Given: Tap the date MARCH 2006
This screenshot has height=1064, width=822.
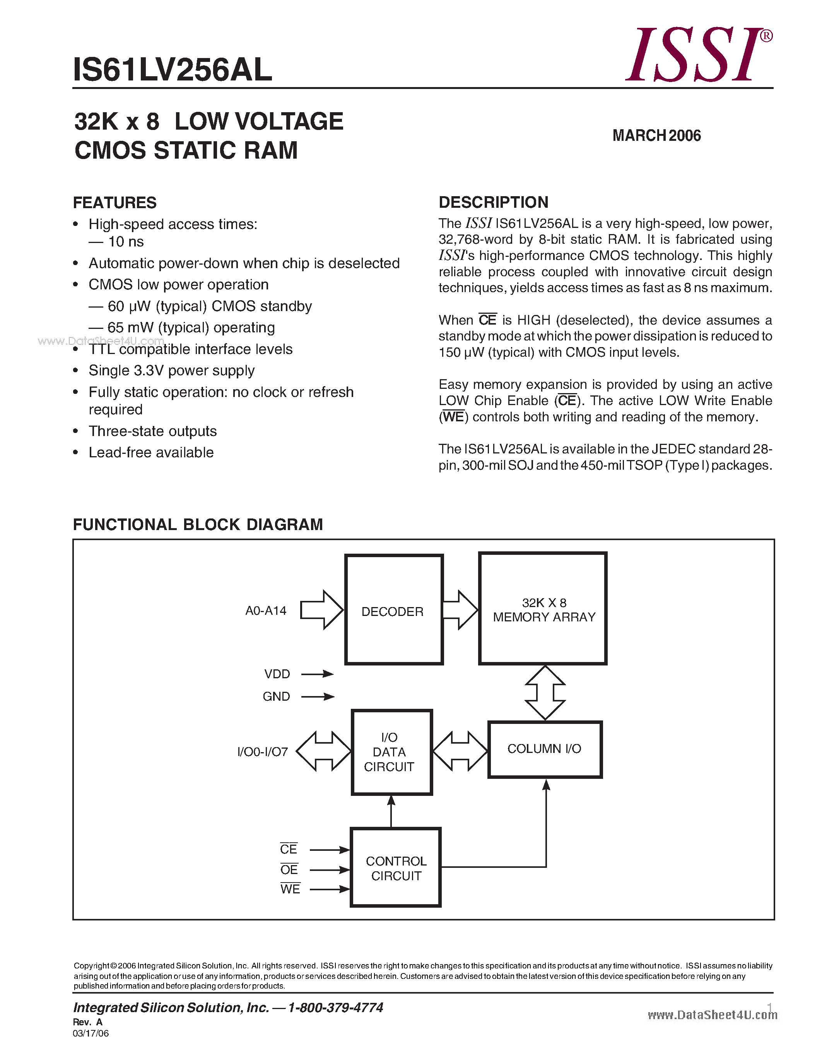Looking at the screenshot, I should (656, 135).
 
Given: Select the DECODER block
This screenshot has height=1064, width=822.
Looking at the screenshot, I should (393, 609).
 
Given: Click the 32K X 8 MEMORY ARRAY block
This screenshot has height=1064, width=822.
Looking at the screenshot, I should (543, 609).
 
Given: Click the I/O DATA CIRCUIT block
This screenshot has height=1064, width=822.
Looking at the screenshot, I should (391, 752).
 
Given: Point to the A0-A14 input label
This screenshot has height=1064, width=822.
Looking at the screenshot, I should (266, 611).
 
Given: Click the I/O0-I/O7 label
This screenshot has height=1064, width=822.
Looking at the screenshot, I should (263, 752).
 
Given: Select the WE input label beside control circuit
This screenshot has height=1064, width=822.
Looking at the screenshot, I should (290, 889).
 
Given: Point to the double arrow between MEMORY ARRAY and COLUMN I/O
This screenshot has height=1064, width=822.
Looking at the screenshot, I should (545, 692).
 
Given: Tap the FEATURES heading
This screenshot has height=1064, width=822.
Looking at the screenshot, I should (115, 203).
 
